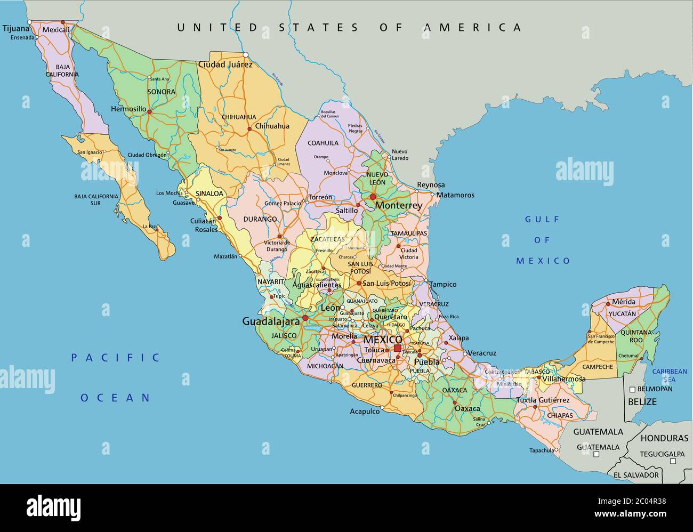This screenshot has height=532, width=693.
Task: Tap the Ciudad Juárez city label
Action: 225,65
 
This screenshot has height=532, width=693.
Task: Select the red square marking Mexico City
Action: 397,349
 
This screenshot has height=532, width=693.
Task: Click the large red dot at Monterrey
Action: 373,197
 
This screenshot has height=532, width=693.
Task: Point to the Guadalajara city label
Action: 271,321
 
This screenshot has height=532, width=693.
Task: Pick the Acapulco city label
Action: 365,411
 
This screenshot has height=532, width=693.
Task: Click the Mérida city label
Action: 623,302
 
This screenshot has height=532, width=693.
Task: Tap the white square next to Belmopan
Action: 632,389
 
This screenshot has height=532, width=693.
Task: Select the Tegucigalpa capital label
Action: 662,454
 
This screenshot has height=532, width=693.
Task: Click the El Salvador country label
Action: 636,474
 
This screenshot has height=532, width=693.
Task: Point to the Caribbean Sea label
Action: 670,375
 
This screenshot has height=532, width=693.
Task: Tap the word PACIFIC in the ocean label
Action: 116,358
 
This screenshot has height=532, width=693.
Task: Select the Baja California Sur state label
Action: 96,199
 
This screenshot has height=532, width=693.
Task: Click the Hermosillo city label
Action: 128,109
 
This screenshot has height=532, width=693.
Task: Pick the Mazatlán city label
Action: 225,256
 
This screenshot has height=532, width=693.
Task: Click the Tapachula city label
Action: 541,450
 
